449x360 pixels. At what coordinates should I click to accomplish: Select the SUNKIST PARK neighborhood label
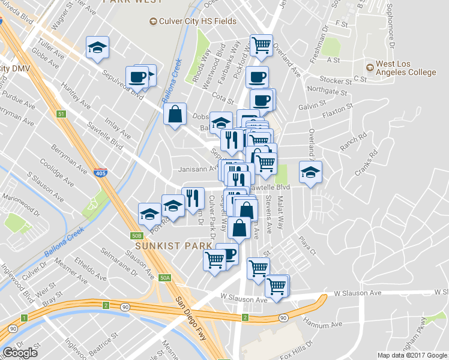pos(173,246)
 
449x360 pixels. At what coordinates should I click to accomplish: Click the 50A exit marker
pos(165,278)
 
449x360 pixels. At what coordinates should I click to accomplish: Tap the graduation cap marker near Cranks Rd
pos(310,172)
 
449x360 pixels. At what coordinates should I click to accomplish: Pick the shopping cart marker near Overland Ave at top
pos(261,44)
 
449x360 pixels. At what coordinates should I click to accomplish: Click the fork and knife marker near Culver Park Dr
pos(193,197)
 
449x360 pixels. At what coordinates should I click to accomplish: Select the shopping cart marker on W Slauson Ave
pos(277,286)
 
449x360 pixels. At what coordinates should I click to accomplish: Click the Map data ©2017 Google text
pos(412,355)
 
